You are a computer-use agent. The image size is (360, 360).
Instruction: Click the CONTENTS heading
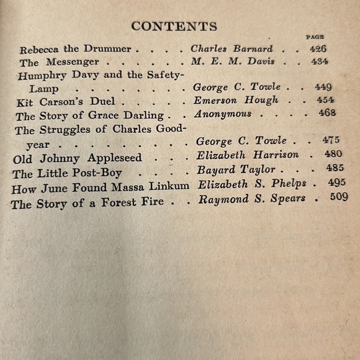(174, 26)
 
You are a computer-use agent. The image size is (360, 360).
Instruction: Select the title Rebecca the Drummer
(75, 49)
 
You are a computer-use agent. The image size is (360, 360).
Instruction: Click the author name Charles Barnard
(231, 49)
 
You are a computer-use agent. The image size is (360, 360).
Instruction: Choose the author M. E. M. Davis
(233, 61)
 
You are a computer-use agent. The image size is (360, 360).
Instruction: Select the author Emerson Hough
(235, 100)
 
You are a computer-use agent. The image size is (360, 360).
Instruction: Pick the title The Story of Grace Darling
(89, 116)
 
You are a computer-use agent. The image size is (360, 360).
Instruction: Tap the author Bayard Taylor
(236, 169)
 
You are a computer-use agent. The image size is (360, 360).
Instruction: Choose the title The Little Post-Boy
(68, 173)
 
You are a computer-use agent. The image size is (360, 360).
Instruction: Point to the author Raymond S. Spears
(251, 199)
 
